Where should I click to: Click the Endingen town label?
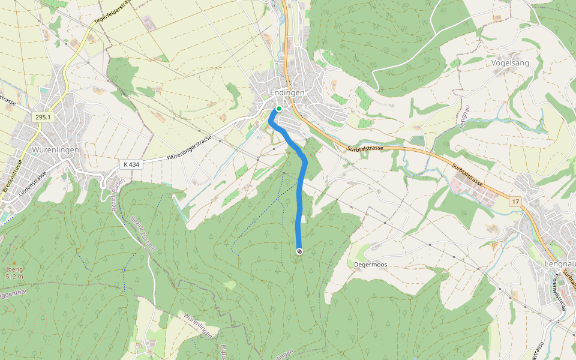[x=287, y=93]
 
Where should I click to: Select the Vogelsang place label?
[x=511, y=62]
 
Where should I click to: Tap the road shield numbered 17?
[x=515, y=202]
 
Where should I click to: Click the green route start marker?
[x=278, y=109]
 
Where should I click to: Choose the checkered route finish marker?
[x=299, y=251]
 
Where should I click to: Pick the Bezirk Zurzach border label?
[x=142, y=231]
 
